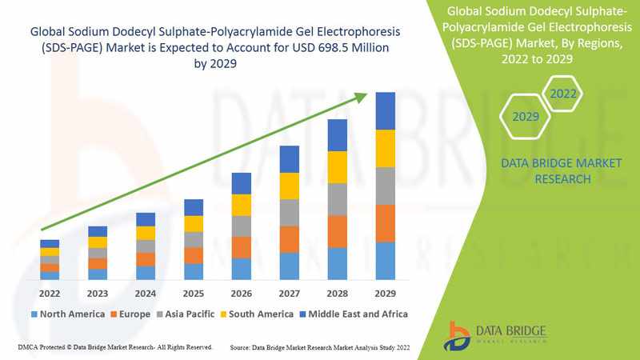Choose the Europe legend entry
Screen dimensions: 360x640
tap(130, 314)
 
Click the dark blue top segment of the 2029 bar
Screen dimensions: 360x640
tap(386, 110)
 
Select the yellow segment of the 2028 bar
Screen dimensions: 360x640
tap(337, 167)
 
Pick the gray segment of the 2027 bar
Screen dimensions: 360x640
tap(289, 213)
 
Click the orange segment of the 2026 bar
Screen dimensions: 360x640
tap(241, 247)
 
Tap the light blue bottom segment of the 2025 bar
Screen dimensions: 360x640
tap(193, 271)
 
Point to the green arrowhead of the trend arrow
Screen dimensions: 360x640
tap(361, 98)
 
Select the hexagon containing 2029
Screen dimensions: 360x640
tap(525, 117)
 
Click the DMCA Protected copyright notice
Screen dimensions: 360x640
tap(114, 348)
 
